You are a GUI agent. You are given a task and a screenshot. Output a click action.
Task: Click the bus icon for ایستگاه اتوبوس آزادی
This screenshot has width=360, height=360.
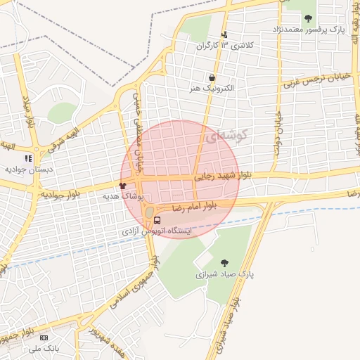157,220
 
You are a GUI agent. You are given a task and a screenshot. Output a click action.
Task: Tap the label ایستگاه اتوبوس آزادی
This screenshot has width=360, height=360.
158,231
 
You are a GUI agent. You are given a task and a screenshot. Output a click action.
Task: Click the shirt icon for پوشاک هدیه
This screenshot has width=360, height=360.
124,186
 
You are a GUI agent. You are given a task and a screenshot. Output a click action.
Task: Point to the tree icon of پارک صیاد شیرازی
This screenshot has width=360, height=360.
225,263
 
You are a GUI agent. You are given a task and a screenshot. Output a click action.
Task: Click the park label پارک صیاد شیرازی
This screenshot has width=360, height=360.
223,274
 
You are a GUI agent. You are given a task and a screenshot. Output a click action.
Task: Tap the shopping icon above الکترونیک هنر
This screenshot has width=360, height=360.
212,77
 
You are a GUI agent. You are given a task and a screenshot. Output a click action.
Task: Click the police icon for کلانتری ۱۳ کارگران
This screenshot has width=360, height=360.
224,34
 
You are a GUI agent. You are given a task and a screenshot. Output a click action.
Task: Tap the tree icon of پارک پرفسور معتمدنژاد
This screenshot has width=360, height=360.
308,18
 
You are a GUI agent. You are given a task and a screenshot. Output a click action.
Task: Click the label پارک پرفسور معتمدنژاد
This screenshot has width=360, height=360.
307,30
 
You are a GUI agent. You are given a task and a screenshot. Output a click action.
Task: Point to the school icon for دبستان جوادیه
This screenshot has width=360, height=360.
29,159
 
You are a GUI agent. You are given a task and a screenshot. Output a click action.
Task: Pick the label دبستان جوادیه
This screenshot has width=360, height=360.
25,169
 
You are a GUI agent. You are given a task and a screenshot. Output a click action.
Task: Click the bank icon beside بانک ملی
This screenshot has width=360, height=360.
46,337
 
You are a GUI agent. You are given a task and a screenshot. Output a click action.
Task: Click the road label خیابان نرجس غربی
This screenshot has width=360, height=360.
314,79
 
